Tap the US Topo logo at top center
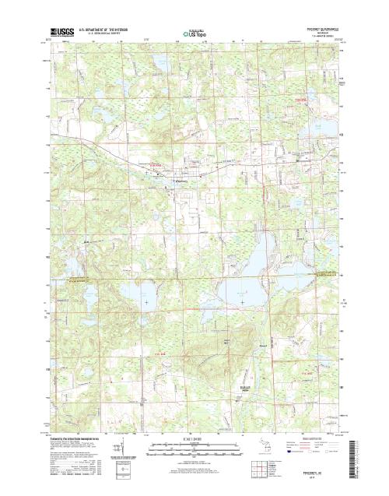click(x=194, y=34)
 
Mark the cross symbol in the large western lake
click(x=145, y=300)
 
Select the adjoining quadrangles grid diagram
click(x=278, y=469)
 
